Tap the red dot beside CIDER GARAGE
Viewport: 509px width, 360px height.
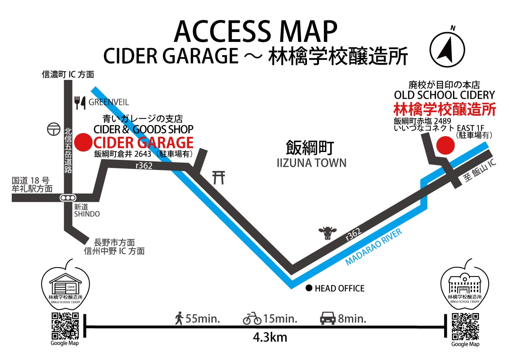pos(83,143)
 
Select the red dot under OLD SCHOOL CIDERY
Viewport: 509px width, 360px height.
pos(445,145)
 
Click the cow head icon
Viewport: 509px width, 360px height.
pos(327,233)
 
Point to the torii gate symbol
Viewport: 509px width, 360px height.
pos(218,178)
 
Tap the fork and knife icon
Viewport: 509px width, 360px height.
pos(80,102)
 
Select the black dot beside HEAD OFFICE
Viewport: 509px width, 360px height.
pos(309,288)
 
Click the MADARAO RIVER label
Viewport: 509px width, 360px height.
pos(374,248)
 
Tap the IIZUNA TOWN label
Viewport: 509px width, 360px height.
pos(311,162)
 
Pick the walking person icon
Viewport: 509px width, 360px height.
pos(179,318)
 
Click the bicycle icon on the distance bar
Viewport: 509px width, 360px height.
pos(252,318)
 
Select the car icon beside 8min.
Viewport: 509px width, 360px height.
pos(328,318)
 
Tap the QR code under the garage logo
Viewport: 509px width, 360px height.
pos(65,326)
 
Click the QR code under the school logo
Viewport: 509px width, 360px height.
pos(465,326)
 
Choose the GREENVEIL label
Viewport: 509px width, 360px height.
pos(108,103)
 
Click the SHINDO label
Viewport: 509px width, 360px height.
pos(87,214)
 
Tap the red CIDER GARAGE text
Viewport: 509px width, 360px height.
pos(143,143)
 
